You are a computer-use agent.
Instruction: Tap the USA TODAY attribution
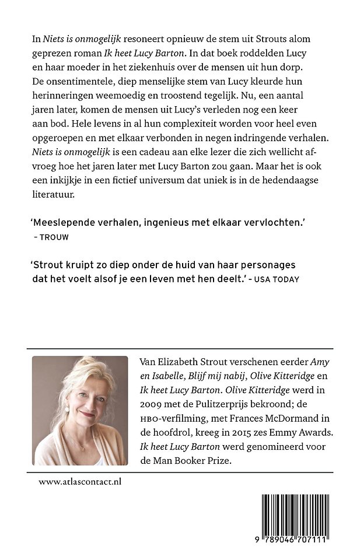278,279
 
